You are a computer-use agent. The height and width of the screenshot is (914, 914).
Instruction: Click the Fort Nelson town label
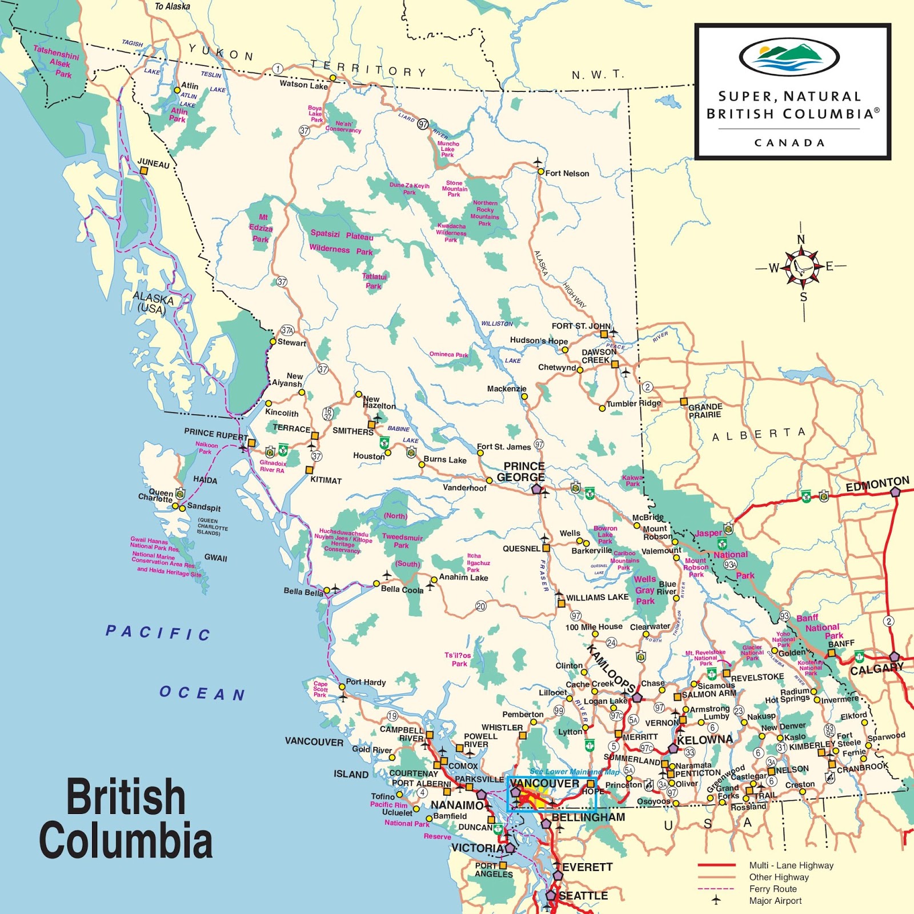(x=567, y=173)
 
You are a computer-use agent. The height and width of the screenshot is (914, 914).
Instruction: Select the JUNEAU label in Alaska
(x=154, y=164)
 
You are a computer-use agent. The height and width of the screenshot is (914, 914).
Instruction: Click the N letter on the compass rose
(x=801, y=239)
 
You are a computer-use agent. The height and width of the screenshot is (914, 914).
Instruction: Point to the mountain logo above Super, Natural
(x=789, y=57)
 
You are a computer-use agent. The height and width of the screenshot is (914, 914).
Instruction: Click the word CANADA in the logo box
(x=789, y=143)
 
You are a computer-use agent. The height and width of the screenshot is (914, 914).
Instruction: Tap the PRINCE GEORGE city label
(x=522, y=472)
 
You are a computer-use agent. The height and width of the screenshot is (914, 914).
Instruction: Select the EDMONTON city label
(x=877, y=484)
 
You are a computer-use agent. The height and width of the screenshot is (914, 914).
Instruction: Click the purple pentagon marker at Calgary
(x=894, y=657)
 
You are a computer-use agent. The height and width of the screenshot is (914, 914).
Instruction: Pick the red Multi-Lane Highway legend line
(x=716, y=865)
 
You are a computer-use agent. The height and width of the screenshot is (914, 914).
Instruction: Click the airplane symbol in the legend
(x=716, y=900)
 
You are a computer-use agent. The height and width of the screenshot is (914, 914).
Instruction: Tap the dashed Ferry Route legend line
(x=716, y=889)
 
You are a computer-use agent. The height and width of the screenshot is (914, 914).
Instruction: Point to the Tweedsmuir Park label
(x=402, y=541)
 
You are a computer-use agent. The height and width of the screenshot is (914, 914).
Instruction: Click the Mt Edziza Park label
(x=261, y=228)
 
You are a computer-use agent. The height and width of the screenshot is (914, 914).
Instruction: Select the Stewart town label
(x=292, y=343)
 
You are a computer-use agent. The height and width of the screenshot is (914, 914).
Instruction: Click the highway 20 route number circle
(x=481, y=606)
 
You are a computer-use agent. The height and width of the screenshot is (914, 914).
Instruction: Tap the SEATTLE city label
(x=583, y=896)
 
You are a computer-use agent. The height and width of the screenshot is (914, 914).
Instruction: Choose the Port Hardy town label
(x=366, y=682)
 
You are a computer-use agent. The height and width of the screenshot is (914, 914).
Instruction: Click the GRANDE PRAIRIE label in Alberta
(x=705, y=411)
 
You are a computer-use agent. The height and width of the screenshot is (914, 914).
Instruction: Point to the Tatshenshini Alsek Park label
(x=57, y=61)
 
